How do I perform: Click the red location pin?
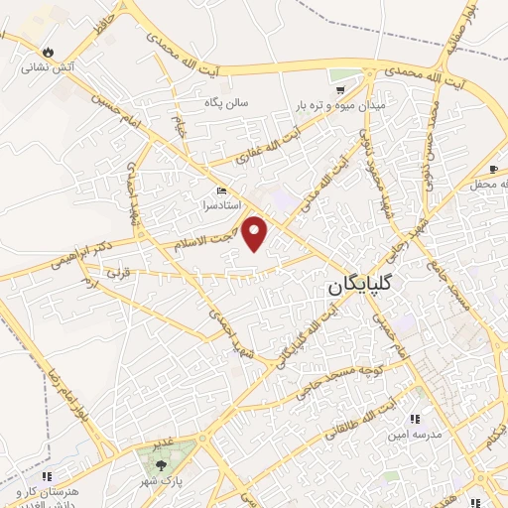coord(256,233)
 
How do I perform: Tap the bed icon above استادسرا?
coord(220,190)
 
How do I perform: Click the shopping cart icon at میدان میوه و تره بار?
coord(340,88)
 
